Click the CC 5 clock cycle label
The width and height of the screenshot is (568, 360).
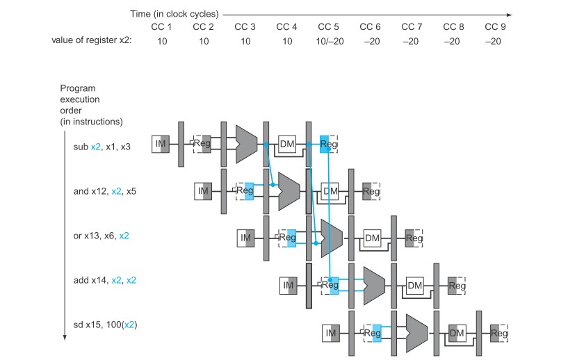point(328,27)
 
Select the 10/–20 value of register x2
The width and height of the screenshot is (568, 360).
point(330,41)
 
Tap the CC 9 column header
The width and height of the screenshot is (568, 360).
point(495,27)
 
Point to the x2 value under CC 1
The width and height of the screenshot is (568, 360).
point(162,41)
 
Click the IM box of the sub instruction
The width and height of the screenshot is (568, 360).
point(161,144)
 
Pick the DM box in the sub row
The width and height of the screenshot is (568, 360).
point(287,144)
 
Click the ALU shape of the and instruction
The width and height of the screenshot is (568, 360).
point(289,191)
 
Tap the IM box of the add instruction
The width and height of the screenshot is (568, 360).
point(289,286)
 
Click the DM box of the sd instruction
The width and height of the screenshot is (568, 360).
point(457,333)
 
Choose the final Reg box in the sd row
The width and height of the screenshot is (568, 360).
point(499,333)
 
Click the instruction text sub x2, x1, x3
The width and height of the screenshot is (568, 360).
point(102,147)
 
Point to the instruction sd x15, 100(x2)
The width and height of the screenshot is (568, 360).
point(106,325)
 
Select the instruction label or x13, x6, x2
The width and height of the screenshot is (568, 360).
point(101,236)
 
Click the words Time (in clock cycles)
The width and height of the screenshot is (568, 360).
point(175,14)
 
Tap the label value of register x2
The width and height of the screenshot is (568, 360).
point(92,40)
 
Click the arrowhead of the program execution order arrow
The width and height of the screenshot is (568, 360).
point(65,338)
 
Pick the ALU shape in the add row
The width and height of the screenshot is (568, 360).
point(374,286)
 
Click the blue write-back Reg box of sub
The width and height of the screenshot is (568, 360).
point(324,144)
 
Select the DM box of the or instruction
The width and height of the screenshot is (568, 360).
point(372,238)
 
